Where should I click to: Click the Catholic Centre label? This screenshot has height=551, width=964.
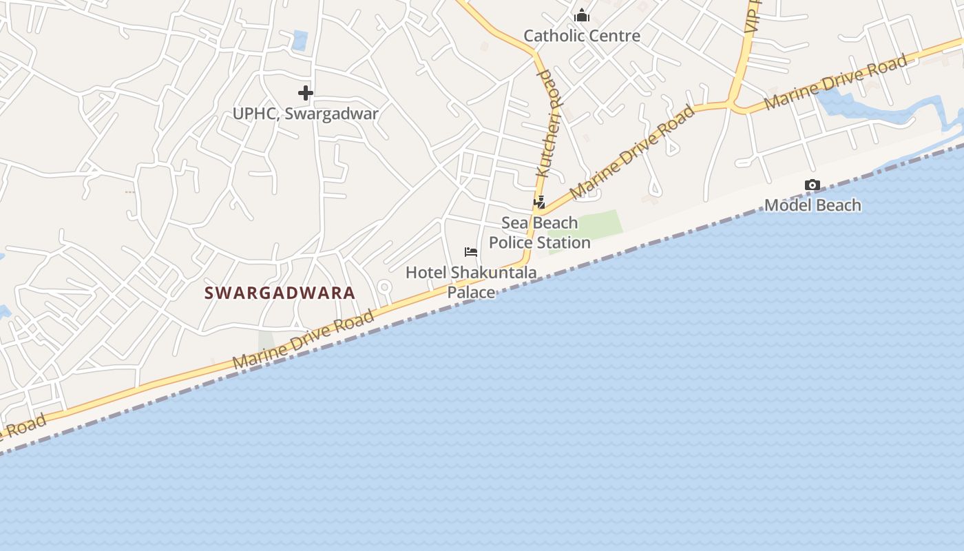pos(582,36)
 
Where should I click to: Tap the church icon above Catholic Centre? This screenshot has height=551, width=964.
pos(582,14)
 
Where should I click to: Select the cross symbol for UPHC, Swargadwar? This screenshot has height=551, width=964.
pos(306,92)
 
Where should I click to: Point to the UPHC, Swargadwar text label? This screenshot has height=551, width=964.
pos(305,114)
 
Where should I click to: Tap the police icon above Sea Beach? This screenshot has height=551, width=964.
pos(539,202)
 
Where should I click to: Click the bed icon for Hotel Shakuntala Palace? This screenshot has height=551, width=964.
pos(471,252)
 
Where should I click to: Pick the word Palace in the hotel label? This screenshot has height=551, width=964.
pos(471,293)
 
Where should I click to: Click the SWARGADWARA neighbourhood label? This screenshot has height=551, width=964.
pos(280,293)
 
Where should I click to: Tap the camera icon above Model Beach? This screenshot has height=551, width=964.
pos(813,185)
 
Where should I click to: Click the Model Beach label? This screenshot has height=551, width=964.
pos(813,205)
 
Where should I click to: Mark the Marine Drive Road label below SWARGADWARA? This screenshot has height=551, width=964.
pos(303,340)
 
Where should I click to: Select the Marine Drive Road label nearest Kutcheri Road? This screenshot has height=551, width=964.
pos(633,152)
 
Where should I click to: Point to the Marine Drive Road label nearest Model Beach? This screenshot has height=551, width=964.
pos(836,82)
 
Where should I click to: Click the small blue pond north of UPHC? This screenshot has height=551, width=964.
pos(300,40)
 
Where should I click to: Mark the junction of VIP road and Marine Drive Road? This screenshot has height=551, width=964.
pos(734,105)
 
